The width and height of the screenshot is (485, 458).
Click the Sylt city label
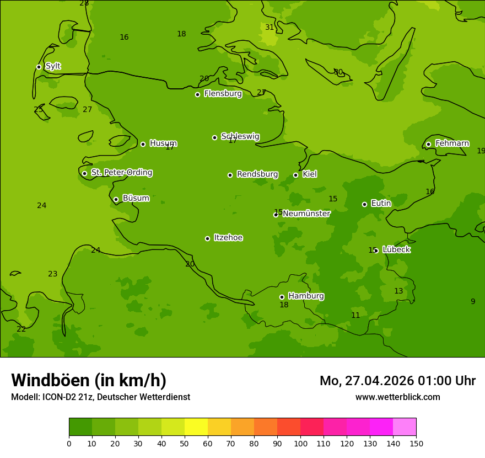[x=53, y=66]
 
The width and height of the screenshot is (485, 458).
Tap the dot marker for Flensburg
[x=197, y=94]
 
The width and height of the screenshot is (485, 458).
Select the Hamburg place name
[x=306, y=296]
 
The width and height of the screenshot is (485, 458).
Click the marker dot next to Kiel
[x=295, y=175]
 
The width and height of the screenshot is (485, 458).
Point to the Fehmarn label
[x=452, y=143]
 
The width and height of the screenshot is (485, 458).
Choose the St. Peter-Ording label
[x=121, y=172]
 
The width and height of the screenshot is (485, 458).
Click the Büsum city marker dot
[x=116, y=199]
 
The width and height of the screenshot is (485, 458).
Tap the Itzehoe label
[x=228, y=238]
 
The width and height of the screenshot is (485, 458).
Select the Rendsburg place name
[x=257, y=174]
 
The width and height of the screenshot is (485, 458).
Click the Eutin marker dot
[x=364, y=204]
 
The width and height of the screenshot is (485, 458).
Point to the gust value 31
[x=270, y=27]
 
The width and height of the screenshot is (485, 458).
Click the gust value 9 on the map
[x=472, y=301]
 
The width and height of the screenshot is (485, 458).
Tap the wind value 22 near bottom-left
[x=21, y=329]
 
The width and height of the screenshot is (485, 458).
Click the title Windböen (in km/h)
[x=89, y=380]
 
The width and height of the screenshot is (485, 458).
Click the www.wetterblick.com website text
[x=397, y=397]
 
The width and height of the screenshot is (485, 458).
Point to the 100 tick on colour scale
[x=300, y=443]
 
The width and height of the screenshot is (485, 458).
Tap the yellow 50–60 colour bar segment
[x=196, y=427]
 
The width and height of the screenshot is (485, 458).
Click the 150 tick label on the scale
[x=416, y=443]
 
